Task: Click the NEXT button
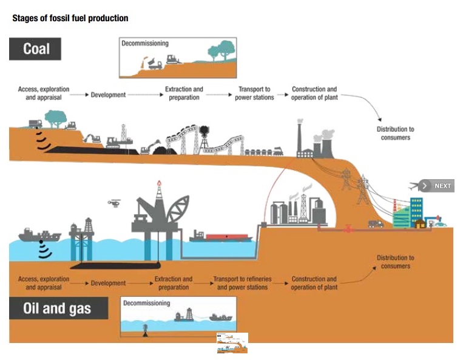tap(437, 186)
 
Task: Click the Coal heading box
tap(35, 49)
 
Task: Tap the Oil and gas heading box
tap(58, 308)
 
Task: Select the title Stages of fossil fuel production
tap(70, 18)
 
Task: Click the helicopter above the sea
tap(115, 204)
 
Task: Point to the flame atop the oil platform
tap(159, 184)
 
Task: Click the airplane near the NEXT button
tap(415, 185)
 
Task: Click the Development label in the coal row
tap(108, 95)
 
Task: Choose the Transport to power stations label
tap(254, 93)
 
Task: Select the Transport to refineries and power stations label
tap(242, 283)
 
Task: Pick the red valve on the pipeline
tap(348, 229)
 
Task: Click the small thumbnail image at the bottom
tap(232, 343)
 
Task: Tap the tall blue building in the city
tap(416, 209)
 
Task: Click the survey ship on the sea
tap(40, 236)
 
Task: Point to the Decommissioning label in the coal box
tap(145, 44)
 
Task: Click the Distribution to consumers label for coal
tap(395, 133)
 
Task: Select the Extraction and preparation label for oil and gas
tap(174, 283)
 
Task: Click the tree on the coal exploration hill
tap(56, 116)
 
